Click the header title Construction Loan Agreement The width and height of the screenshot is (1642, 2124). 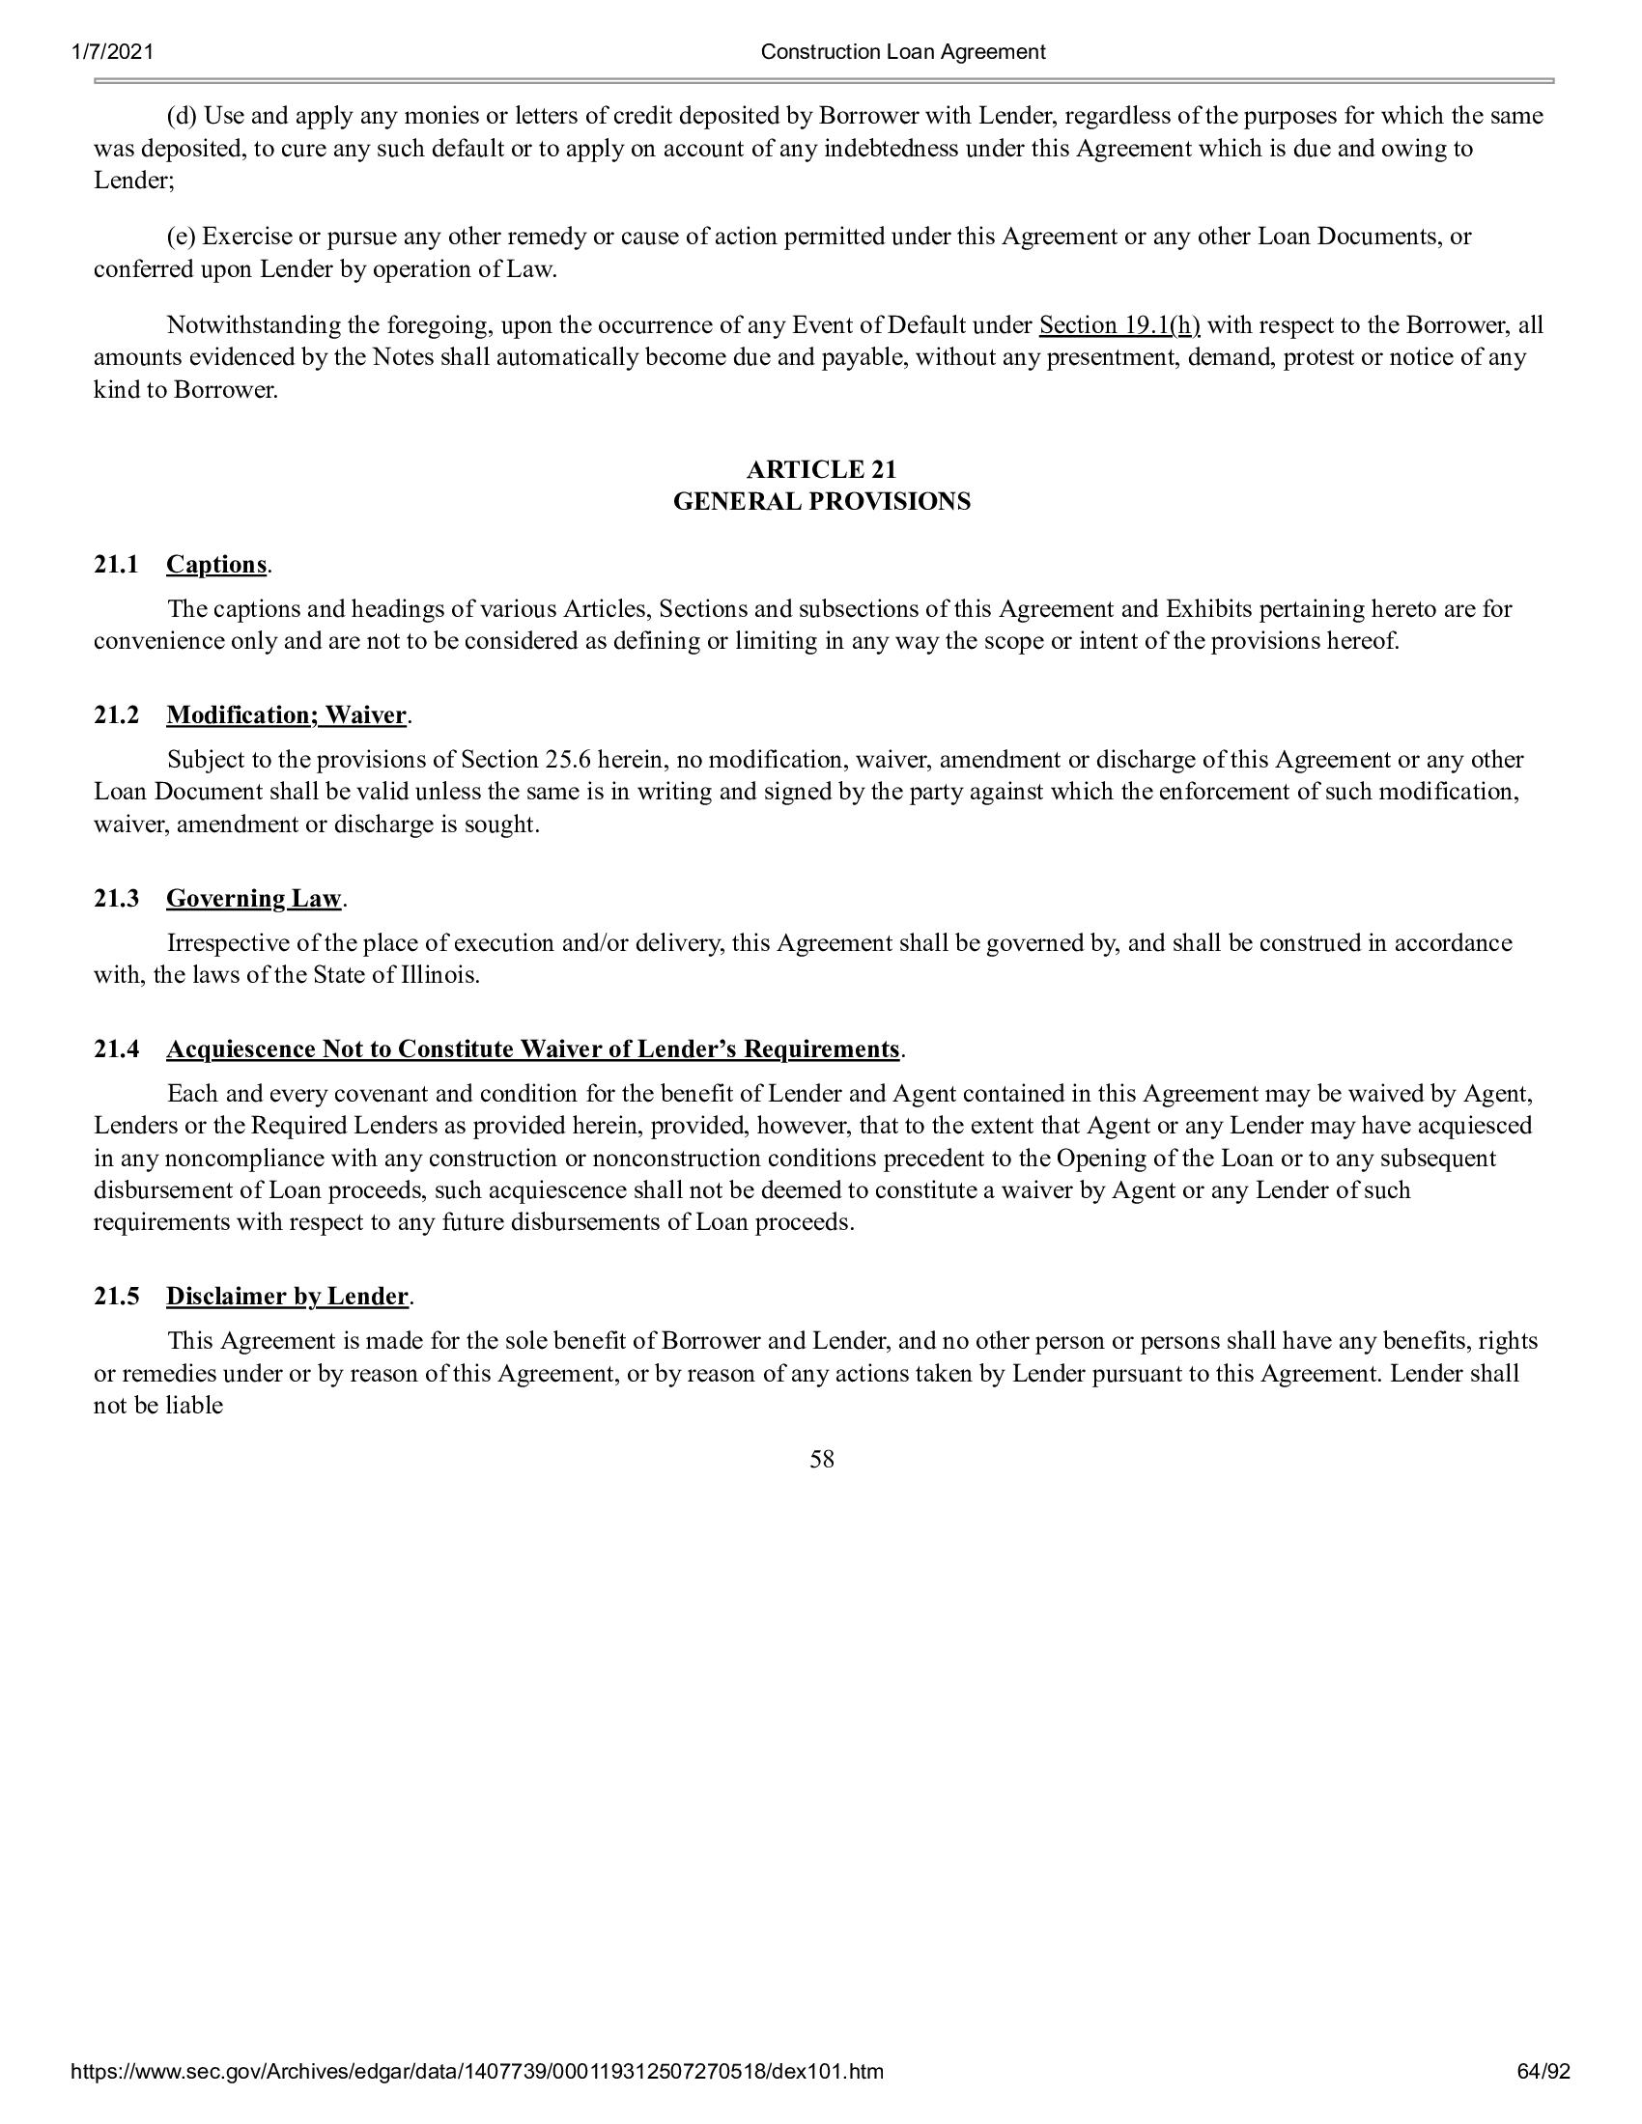tap(902, 52)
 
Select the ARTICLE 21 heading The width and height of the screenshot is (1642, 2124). tap(821, 470)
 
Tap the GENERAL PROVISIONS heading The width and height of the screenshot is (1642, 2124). tap(821, 502)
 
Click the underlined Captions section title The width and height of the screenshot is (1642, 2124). tap(216, 565)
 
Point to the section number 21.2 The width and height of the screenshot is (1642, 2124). tap(116, 715)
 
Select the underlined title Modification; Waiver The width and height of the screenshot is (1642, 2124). tap(286, 715)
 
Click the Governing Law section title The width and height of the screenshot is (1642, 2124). tap(253, 899)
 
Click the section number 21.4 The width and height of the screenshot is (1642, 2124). tap(116, 1049)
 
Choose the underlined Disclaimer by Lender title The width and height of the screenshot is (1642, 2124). tap(287, 1298)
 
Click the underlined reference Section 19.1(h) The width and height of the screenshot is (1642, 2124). tap(1118, 324)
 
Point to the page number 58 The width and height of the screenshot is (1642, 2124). tap(821, 1460)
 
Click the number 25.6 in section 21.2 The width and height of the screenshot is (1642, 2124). tap(568, 760)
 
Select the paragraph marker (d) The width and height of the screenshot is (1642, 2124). tap(181, 117)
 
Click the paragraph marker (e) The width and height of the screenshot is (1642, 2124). tap(181, 238)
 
